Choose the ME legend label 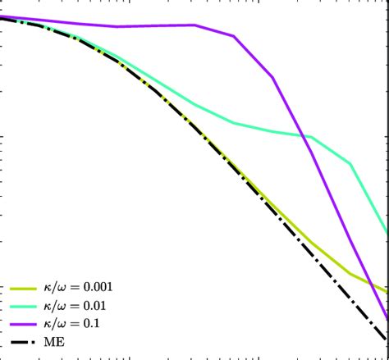pos(55,341)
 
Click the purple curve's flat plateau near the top pos(156,25)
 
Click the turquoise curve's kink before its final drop pos(351,164)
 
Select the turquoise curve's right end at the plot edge pos(387,233)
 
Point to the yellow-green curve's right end pos(387,291)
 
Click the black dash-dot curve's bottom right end pos(387,340)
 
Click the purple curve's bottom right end pos(387,317)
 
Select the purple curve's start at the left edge pos(2,16)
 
